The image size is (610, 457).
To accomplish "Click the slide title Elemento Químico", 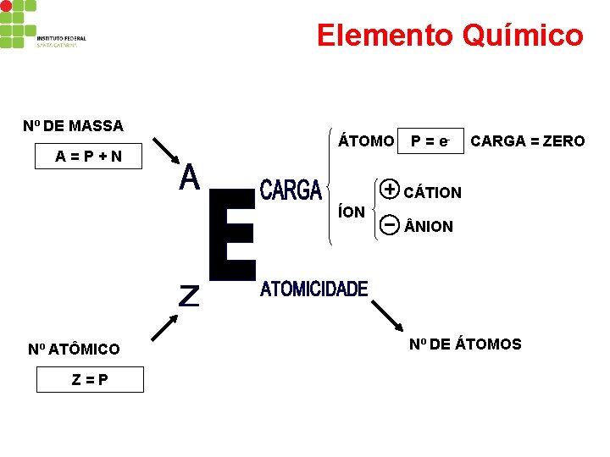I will tap(450, 36).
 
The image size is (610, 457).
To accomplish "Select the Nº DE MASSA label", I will tap(73, 126).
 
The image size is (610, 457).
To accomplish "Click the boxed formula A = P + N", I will tap(89, 157).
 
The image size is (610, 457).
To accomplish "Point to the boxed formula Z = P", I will tap(89, 379).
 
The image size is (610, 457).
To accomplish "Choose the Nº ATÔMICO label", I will tap(74, 349).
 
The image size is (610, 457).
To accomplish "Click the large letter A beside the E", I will tap(189, 178).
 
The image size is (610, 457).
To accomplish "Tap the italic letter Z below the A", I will tap(188, 295).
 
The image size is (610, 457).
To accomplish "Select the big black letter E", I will tap(231, 235).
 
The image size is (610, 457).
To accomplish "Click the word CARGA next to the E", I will tap(291, 190).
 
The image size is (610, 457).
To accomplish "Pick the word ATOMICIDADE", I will tap(313, 289).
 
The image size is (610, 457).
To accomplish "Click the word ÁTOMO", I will tap(366, 141).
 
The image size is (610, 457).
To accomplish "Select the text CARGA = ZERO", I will tap(527, 141).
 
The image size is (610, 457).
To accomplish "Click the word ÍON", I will tap(352, 211).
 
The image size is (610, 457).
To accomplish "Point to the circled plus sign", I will tap(390, 189).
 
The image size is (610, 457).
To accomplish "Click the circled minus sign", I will tap(390, 224).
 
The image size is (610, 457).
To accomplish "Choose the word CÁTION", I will tap(432, 192).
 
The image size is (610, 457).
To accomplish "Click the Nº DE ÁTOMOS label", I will tap(465, 344).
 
